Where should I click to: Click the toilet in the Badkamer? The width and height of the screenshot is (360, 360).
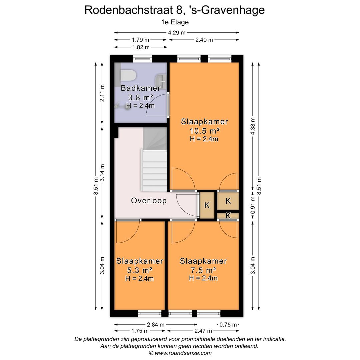coord(127,76)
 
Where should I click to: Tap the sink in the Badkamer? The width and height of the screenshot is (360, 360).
coord(160,80)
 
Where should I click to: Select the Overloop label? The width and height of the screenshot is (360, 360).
coord(149,201)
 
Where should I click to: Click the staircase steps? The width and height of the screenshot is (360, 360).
coord(155,170)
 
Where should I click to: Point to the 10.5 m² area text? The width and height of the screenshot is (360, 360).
coord(204,130)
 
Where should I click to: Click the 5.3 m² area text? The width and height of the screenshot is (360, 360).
coord(139,270)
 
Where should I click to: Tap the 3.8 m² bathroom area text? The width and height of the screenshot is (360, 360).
coord(140,97)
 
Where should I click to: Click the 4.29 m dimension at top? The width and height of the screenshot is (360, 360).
coord(177,33)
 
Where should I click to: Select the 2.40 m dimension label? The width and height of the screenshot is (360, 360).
coord(204,40)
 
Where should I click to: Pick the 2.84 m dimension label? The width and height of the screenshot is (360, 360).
coord(156,324)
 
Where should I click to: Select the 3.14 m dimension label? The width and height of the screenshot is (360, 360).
coord(103,173)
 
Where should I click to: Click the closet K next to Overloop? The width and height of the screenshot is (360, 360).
coord(207,205)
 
